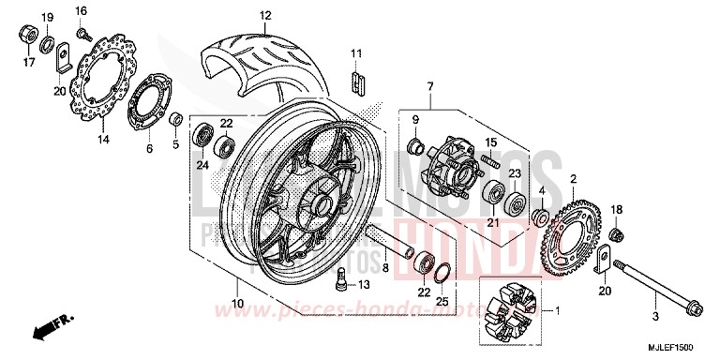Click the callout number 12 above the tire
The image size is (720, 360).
(x=265, y=16)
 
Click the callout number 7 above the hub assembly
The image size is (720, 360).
(x=430, y=87)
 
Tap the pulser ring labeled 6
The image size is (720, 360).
(x=145, y=101)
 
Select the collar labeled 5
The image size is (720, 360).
(x=173, y=119)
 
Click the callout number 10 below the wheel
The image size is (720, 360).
(x=236, y=304)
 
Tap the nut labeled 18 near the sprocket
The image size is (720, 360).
(x=617, y=232)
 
